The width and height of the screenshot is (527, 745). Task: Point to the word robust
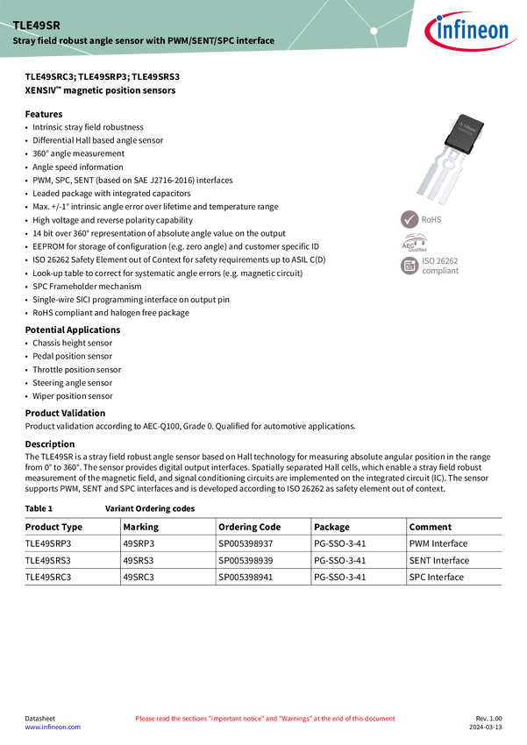click(78, 41)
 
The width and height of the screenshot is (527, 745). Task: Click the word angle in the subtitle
click(109, 41)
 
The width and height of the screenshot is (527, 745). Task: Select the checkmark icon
click(409, 219)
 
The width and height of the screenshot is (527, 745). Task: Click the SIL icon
click(409, 266)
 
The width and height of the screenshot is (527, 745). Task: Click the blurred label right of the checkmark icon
click(433, 219)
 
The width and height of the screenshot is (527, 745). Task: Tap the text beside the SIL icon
click(441, 266)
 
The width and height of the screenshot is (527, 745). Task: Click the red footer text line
click(265, 719)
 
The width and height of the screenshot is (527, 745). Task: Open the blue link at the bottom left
click(52, 727)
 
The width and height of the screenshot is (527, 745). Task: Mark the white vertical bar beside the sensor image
click(395, 263)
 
